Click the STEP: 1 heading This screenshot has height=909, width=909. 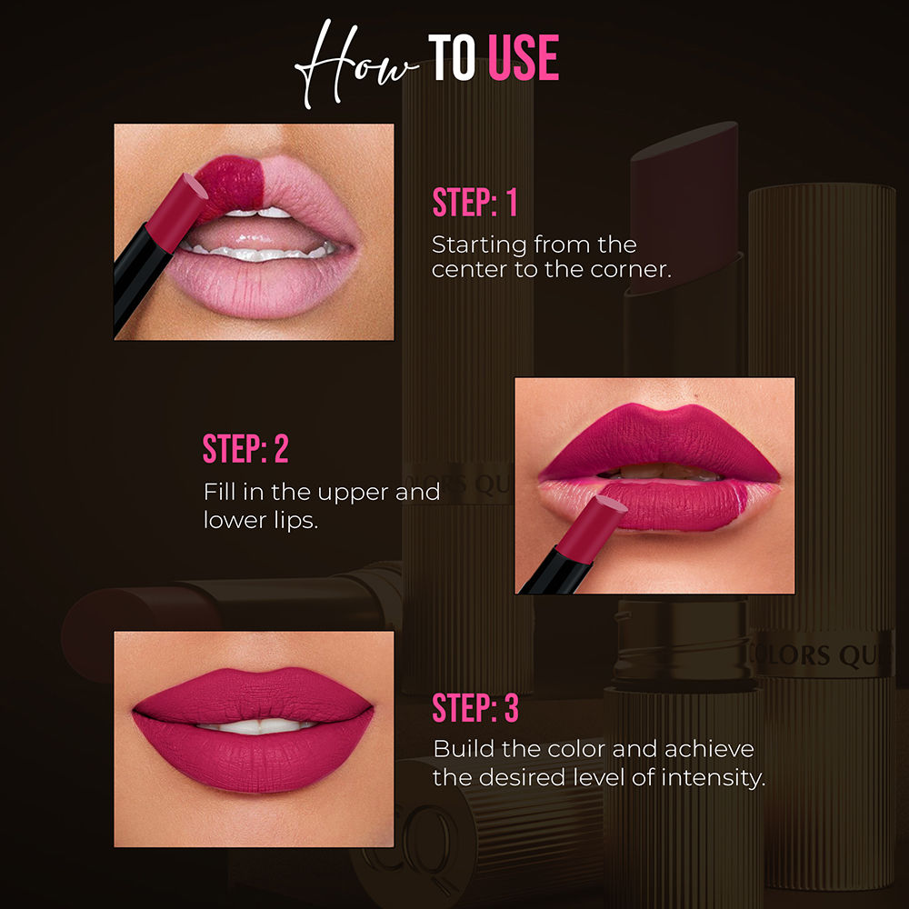474,203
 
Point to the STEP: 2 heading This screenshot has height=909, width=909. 245,449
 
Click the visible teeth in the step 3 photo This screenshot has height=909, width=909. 255,725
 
